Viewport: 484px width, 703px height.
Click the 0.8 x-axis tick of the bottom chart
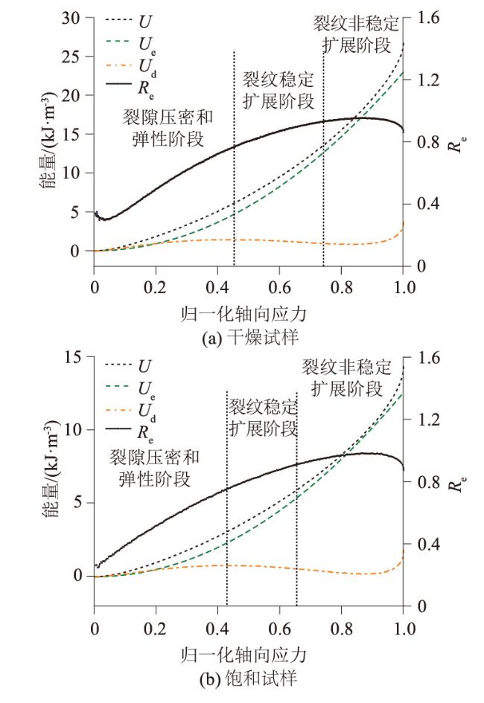pyautogui.click(x=341, y=626)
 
